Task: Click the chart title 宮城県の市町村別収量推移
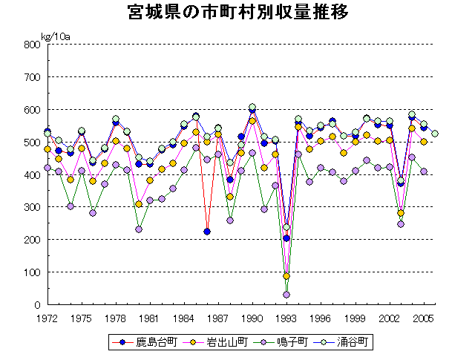point(237,13)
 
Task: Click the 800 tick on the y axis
point(31,45)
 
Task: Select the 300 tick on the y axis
point(31,207)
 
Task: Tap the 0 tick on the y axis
point(36,305)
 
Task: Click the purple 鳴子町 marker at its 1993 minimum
point(286,295)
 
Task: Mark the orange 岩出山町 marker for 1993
point(286,276)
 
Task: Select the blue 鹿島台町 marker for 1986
point(207,232)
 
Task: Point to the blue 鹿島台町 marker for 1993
point(286,238)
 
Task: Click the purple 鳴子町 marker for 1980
point(139,229)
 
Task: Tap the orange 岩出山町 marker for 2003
point(401,213)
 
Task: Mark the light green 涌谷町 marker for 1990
point(252,107)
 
